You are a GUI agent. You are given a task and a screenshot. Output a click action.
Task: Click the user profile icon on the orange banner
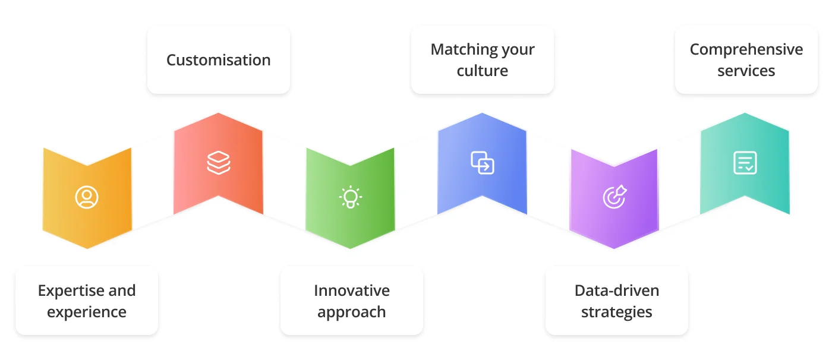click(x=87, y=197)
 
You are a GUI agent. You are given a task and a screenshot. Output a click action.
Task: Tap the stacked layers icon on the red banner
click(x=219, y=162)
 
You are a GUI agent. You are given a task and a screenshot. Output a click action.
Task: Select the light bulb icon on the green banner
click(x=351, y=197)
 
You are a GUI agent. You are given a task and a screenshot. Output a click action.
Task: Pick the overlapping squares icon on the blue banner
click(x=483, y=162)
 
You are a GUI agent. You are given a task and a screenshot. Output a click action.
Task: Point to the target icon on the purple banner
click(x=614, y=197)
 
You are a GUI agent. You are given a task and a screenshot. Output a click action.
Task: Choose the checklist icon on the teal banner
click(x=745, y=162)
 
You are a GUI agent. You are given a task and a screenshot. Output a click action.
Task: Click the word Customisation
click(x=218, y=60)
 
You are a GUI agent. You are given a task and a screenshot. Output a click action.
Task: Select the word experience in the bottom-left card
click(x=87, y=312)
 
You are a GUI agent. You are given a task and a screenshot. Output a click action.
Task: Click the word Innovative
click(x=352, y=290)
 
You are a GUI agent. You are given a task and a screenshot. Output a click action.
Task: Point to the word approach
click(x=352, y=312)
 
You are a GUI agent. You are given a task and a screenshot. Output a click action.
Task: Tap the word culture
click(x=483, y=71)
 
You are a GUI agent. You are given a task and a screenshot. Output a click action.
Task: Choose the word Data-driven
click(x=617, y=290)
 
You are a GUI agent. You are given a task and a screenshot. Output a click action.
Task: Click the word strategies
click(x=617, y=312)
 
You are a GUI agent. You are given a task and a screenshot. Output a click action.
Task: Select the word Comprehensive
click(x=746, y=49)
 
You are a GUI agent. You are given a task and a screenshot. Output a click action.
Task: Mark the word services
click(x=746, y=71)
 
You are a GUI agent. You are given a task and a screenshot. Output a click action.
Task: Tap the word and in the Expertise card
click(x=122, y=290)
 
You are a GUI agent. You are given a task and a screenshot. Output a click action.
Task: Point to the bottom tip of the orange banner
click(x=87, y=247)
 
